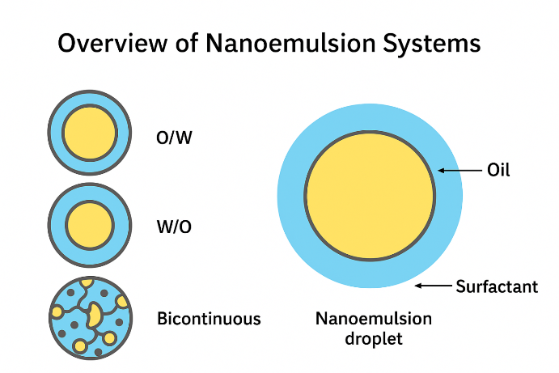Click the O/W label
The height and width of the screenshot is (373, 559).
point(174,138)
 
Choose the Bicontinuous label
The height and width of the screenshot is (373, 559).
point(209,319)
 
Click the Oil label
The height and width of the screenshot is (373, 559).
point(498,171)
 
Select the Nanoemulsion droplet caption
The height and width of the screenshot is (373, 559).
point(373,328)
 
